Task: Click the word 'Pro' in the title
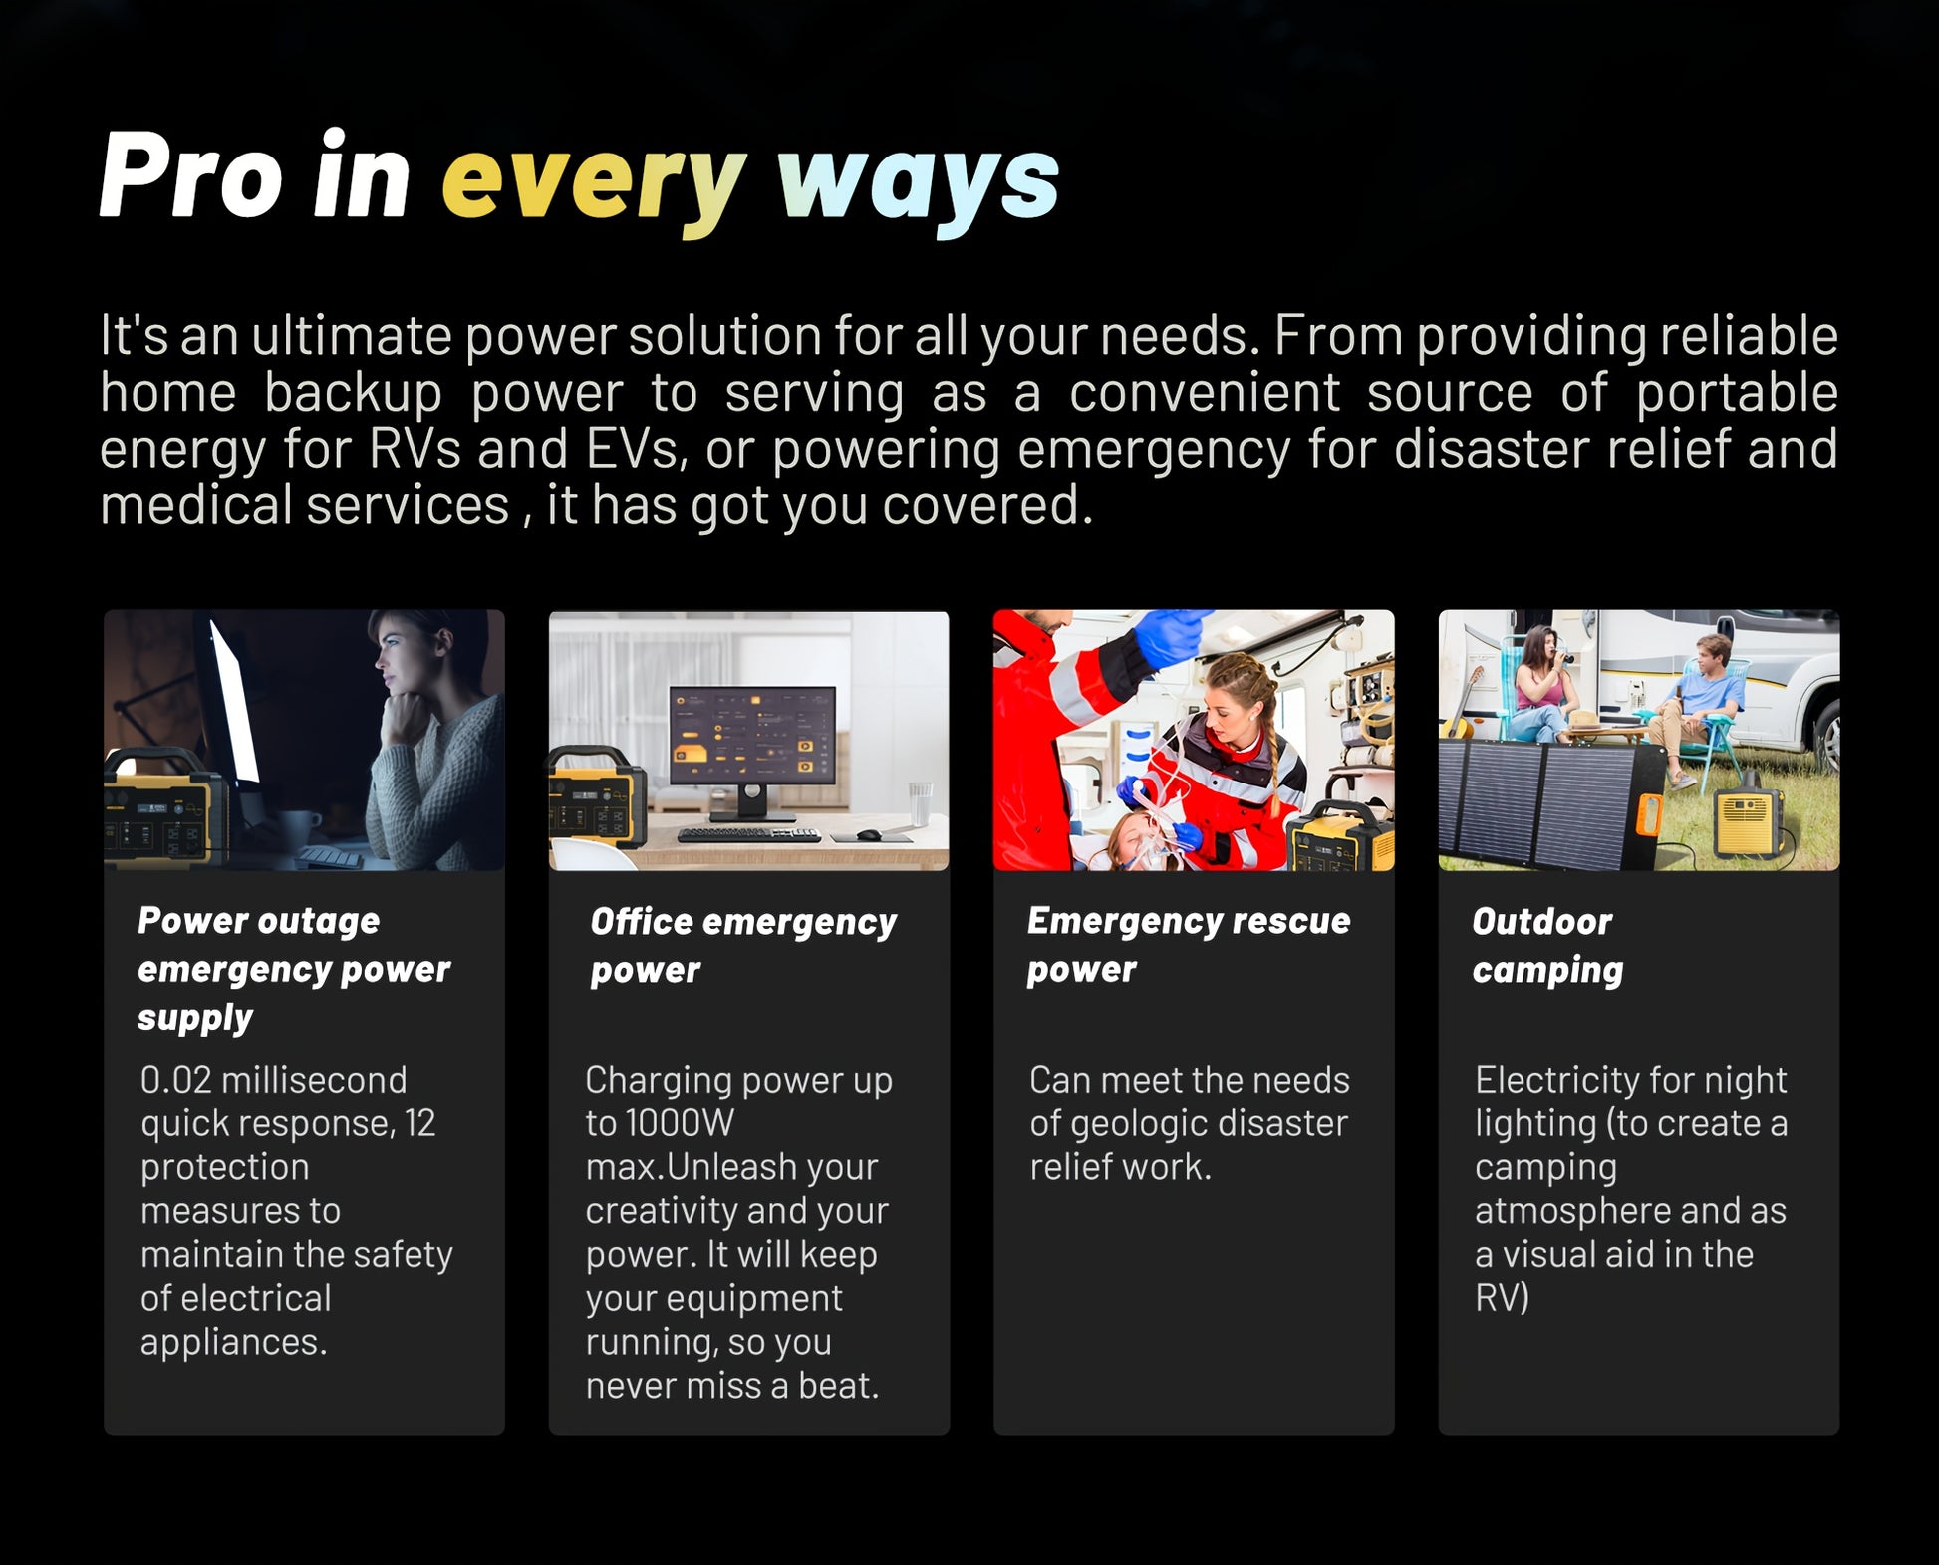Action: [191, 174]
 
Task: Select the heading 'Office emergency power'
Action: [743, 945]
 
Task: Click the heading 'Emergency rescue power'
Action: [1189, 944]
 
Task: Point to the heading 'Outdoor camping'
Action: [1547, 945]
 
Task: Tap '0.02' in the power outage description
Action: [175, 1080]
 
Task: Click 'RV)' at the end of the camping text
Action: [1502, 1298]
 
